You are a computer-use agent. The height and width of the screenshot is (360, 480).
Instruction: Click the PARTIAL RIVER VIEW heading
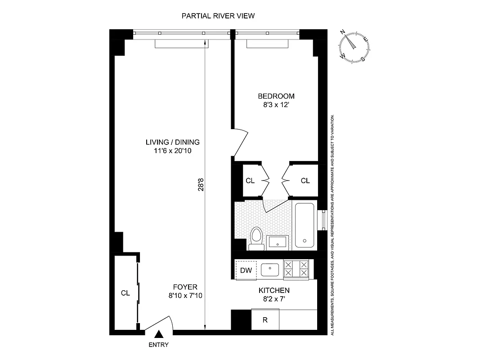(218, 16)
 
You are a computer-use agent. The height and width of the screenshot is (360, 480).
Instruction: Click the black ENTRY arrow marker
(158, 334)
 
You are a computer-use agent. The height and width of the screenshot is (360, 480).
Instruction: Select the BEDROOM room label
(276, 96)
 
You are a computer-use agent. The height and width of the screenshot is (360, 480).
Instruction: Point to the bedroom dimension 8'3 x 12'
(276, 105)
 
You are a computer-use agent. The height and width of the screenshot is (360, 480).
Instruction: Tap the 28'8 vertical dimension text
(201, 186)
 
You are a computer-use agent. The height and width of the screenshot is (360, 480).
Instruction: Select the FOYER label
(185, 287)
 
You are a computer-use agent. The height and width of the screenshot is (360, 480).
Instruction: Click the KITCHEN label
(274, 291)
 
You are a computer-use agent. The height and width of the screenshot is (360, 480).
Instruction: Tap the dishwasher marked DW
(246, 270)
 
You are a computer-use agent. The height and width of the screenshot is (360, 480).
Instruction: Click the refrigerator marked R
(265, 320)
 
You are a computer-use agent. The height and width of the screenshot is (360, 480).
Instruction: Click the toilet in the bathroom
(256, 238)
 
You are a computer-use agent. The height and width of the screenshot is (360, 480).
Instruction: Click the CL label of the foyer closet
(125, 293)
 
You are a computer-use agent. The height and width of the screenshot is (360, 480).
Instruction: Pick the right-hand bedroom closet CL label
(305, 181)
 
